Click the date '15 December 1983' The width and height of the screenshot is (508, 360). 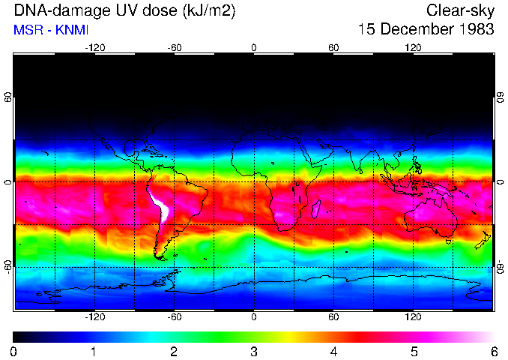[426, 30]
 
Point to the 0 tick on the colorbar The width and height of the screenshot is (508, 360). [14, 351]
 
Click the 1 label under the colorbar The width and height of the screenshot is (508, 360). [94, 351]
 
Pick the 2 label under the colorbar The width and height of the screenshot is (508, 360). [174, 351]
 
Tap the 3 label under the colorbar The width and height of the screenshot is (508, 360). [254, 351]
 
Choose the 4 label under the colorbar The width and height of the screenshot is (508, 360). [333, 351]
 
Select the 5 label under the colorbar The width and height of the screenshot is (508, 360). [414, 351]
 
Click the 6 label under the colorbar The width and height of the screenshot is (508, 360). [493, 351]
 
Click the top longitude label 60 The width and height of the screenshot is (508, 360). [333, 48]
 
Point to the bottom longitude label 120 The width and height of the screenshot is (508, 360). [413, 317]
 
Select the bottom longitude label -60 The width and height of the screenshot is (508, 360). [174, 317]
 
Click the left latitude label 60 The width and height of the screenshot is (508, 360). [7, 97]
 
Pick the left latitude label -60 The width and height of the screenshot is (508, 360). [7, 266]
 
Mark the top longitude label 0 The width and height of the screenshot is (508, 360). [254, 48]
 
